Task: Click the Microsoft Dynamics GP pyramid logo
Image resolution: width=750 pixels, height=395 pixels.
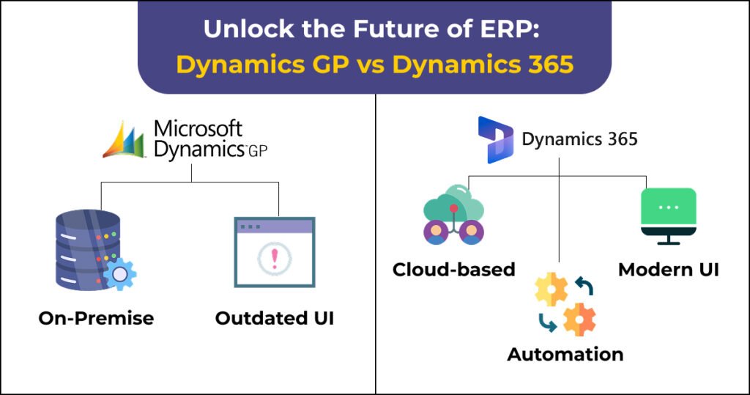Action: coord(123,140)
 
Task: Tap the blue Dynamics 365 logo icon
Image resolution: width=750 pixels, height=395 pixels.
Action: coord(496,140)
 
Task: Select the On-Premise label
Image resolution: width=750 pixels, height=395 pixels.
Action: coord(96,318)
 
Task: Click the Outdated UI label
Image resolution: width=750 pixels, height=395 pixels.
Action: coord(275,318)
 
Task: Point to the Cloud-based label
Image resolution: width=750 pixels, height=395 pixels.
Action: coord(453,270)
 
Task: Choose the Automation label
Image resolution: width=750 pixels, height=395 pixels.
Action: coord(565,354)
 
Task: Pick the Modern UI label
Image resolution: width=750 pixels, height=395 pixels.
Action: coord(669,270)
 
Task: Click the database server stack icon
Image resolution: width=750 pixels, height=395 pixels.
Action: coord(89,250)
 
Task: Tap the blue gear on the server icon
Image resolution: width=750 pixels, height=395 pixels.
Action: coord(119,274)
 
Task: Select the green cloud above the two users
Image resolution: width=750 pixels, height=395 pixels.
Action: coord(453,204)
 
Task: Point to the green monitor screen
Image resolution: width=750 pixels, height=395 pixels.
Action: coord(669,207)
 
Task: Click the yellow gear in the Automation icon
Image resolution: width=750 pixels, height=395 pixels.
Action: coord(552,289)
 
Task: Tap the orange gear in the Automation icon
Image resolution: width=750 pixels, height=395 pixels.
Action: coord(579,320)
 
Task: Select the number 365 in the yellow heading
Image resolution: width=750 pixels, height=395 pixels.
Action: coord(551,64)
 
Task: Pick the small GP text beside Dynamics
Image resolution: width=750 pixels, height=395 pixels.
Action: coord(258,151)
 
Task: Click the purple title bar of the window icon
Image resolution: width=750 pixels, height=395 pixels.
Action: coord(275,226)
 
